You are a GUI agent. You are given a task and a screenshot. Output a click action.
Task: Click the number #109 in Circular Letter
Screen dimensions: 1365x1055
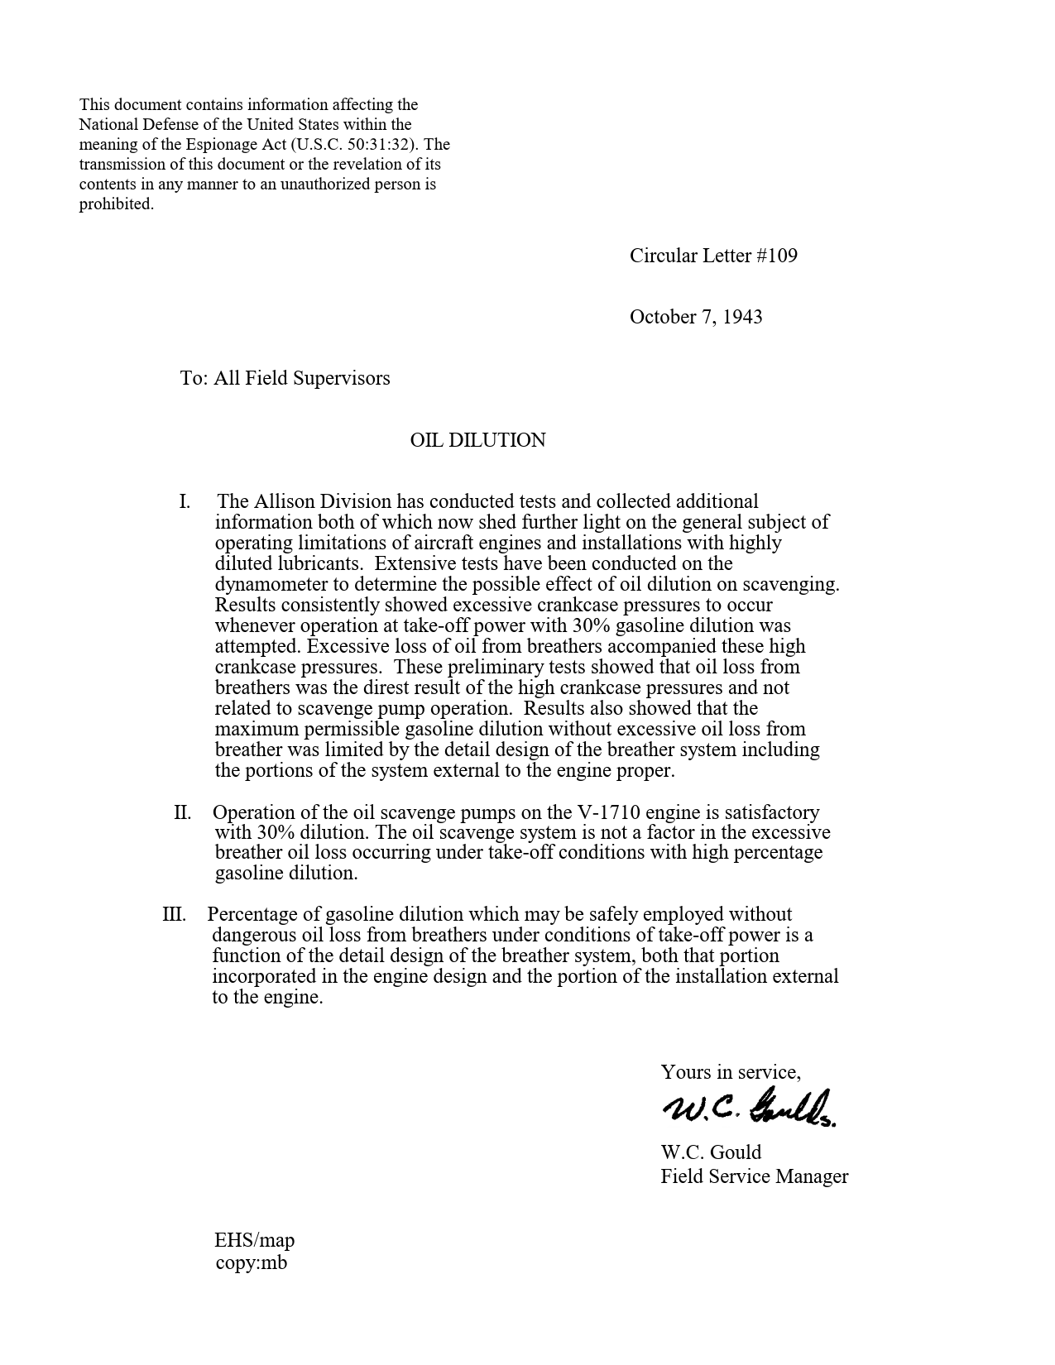click(x=777, y=256)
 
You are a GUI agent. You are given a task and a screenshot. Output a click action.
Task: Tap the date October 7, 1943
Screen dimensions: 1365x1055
click(x=696, y=317)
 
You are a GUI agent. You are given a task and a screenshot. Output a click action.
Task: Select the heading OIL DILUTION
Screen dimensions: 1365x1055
click(x=477, y=440)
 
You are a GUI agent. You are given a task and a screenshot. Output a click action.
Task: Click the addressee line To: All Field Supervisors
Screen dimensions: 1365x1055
click(x=285, y=378)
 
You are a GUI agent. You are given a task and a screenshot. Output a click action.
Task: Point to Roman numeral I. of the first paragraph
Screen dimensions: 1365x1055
click(x=185, y=501)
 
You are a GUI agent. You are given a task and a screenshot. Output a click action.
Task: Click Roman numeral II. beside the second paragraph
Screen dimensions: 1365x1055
click(x=182, y=812)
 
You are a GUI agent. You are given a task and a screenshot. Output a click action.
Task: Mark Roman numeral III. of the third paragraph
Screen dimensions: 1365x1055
click(x=174, y=914)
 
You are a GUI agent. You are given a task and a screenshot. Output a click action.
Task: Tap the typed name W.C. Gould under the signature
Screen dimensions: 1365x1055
click(x=711, y=1152)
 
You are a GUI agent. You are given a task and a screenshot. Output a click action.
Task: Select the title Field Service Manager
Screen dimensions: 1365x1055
click(x=754, y=1176)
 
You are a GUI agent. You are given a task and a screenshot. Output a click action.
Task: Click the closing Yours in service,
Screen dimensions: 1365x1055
click(x=730, y=1072)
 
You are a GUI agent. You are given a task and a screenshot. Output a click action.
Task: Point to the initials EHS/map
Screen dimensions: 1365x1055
click(x=254, y=1240)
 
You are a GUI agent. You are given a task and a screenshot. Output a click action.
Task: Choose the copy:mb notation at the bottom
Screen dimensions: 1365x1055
click(x=251, y=1262)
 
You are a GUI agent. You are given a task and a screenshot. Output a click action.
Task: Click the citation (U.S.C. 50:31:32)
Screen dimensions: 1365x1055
click(x=360, y=145)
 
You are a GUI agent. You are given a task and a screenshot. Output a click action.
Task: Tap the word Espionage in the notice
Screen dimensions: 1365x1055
click(x=223, y=145)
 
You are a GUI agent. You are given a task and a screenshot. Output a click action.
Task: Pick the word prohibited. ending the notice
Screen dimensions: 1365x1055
click(x=117, y=204)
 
